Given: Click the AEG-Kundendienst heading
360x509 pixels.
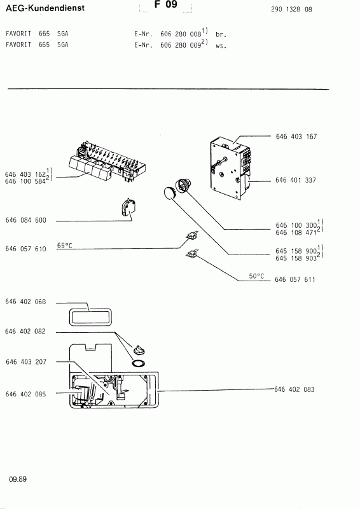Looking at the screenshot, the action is click(45, 8).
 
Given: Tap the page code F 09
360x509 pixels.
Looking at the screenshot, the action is click(166, 4).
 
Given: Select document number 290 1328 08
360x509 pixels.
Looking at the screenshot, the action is click(291, 10).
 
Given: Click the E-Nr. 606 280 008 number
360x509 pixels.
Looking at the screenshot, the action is click(181, 34).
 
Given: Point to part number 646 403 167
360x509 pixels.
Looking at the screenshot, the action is click(296, 137).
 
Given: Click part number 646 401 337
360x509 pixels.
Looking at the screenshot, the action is click(295, 180).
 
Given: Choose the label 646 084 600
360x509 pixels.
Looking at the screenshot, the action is click(26, 220).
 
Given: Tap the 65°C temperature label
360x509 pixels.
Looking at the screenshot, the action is click(65, 246).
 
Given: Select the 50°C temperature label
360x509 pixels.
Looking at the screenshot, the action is click(256, 276).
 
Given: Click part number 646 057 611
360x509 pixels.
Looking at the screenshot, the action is click(294, 279).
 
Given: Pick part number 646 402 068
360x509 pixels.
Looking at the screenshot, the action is click(25, 302).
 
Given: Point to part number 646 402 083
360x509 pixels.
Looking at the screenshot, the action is click(294, 389).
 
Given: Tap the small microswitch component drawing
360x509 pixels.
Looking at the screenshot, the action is click(128, 208).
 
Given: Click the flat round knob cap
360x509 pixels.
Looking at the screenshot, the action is click(169, 193).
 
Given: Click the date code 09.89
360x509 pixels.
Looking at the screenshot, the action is click(18, 479).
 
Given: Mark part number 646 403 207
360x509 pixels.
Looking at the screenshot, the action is click(26, 362).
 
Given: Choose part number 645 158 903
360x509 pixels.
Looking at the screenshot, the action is click(296, 258).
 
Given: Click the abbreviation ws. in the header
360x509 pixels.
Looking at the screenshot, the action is click(221, 46).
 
